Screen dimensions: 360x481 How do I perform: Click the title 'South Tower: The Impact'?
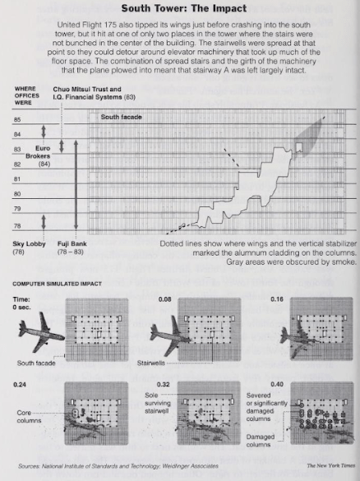180,8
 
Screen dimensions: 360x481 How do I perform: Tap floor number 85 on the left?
18,120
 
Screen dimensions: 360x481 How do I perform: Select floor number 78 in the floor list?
18,224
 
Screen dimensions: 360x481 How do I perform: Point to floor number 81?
18,178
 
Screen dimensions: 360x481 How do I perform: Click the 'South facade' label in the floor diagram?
121,118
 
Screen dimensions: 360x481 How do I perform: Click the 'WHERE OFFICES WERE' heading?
28,94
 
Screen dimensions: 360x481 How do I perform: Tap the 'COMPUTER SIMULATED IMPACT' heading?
57,284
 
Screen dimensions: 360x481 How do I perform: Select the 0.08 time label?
165,301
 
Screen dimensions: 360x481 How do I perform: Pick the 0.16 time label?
300,301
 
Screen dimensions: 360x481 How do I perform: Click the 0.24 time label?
22,384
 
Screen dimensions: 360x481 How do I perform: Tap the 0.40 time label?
300,384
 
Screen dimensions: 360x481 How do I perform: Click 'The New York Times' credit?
331,465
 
